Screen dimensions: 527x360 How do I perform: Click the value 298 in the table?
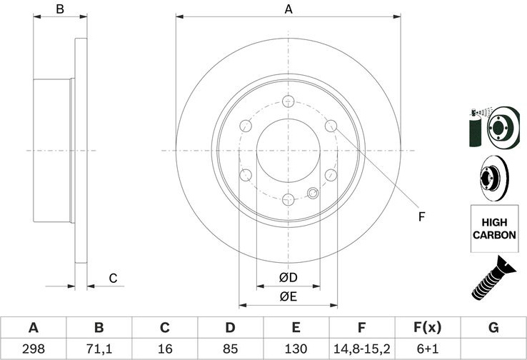click(34, 349)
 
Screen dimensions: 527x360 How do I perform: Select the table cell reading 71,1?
click(99, 349)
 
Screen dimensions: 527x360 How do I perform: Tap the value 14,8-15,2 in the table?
click(361, 349)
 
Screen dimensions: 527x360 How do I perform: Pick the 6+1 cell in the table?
click(428, 349)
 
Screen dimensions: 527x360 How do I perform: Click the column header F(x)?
click(427, 327)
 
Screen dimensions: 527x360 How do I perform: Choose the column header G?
click(493, 327)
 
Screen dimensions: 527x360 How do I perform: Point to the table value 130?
click(296, 349)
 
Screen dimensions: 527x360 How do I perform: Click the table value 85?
click(230, 349)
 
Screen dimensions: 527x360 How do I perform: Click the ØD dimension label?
click(288, 277)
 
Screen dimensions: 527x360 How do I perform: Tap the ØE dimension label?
click(288, 296)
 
